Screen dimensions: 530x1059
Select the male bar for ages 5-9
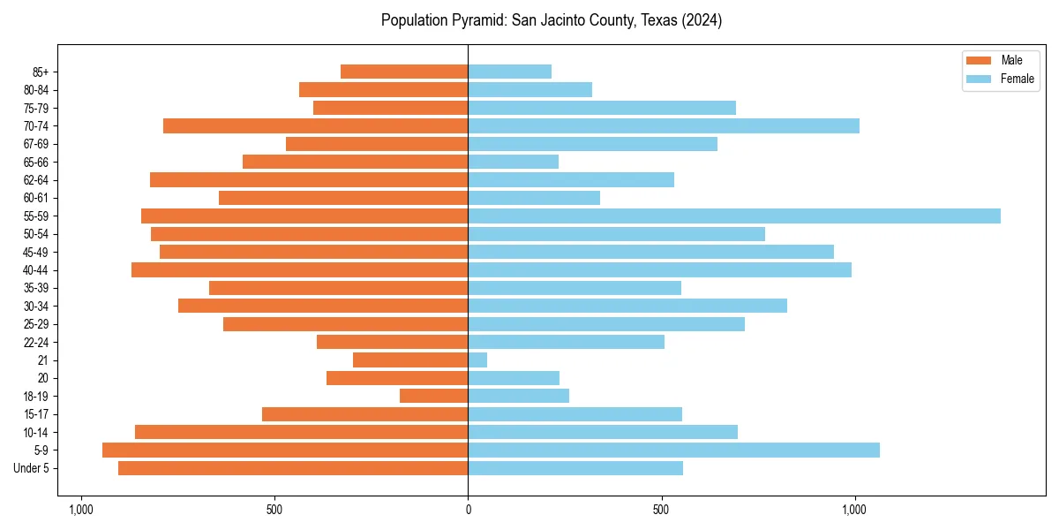coord(285,450)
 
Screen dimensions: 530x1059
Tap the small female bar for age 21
coord(477,360)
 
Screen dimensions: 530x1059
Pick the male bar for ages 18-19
coord(433,396)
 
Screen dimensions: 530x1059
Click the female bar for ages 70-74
coord(664,126)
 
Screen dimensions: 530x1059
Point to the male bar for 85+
coord(404,72)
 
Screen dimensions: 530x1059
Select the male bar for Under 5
coord(293,468)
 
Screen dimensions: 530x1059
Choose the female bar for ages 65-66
coord(513,162)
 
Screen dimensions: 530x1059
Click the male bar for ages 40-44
coord(300,270)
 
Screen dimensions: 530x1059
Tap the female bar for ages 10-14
coord(603,432)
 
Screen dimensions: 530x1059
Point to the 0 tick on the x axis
coord(468,511)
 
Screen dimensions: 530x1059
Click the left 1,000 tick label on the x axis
coord(80,511)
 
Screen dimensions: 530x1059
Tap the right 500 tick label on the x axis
coord(661,511)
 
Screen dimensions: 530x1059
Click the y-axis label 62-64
coord(36,180)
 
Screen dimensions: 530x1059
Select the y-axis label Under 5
coord(32,468)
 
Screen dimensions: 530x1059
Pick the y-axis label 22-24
coord(36,343)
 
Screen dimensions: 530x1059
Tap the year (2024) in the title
coord(702,20)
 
